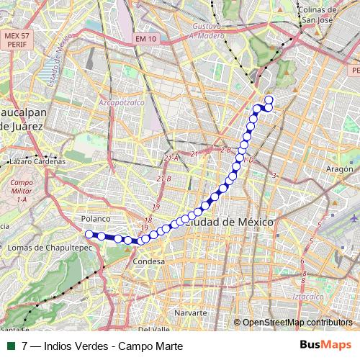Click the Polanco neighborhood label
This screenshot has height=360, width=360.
tap(95, 217)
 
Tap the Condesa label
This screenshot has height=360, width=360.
tap(150, 261)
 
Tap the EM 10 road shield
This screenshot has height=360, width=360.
tap(145, 40)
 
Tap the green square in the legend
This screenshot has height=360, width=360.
tap(9, 346)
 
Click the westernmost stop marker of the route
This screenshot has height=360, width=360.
tap(89, 234)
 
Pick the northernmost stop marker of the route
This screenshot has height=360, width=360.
tap(269, 100)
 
